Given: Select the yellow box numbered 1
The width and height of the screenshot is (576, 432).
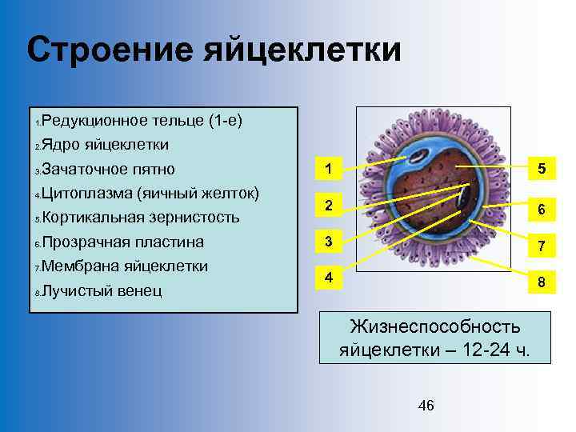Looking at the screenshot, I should point(328,168).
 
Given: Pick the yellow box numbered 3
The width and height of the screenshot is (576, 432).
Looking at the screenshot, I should point(328,242).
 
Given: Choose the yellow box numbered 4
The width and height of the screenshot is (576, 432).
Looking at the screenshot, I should point(328,278).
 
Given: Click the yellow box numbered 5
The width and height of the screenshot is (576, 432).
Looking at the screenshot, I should point(542,169).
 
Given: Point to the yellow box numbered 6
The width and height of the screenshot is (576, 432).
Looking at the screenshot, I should point(542,210).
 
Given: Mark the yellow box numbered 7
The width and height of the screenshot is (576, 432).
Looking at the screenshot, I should point(542,246).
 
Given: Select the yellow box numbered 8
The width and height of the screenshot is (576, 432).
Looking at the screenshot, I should point(542,282).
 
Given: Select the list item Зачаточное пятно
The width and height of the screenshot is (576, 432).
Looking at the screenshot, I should point(108,170).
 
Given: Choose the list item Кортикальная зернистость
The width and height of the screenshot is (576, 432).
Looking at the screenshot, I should point(140,218).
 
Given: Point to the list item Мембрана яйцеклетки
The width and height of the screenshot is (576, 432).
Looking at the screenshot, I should point(124,266).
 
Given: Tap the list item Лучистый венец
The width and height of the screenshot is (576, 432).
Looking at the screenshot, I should point(102,290).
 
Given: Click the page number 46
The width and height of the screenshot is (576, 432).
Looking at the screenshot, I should point(426,406).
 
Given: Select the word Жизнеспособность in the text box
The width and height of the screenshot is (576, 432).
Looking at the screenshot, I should point(434,326).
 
